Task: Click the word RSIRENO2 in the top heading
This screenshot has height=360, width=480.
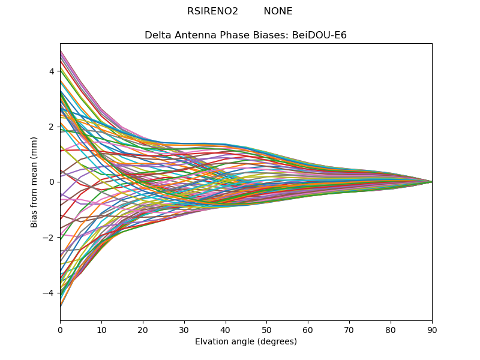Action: (212, 11)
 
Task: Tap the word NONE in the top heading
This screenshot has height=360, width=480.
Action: (278, 11)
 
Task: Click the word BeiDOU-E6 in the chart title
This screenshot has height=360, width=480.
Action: (319, 35)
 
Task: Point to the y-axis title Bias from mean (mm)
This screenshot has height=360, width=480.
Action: (35, 182)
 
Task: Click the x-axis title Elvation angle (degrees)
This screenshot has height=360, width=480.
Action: (246, 342)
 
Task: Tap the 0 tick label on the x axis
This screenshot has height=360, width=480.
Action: (60, 329)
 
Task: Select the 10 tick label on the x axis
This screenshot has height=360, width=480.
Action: (101, 329)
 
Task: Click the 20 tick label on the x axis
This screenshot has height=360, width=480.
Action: (143, 329)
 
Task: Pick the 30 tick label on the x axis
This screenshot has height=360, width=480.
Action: (184, 329)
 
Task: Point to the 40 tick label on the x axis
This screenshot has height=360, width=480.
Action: (226, 329)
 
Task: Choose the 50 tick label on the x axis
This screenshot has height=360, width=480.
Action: (266, 329)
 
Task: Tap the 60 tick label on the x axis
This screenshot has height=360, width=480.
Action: (308, 329)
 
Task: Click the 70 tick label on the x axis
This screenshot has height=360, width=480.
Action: (349, 329)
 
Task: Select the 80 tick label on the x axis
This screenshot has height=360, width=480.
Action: (391, 329)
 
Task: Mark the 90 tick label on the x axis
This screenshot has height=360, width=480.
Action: (432, 329)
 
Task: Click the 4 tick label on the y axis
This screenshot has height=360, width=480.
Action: (52, 71)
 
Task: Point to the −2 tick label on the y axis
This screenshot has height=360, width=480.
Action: (49, 238)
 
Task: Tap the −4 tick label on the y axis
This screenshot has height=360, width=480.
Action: (49, 293)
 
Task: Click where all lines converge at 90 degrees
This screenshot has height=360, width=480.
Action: (431, 182)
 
